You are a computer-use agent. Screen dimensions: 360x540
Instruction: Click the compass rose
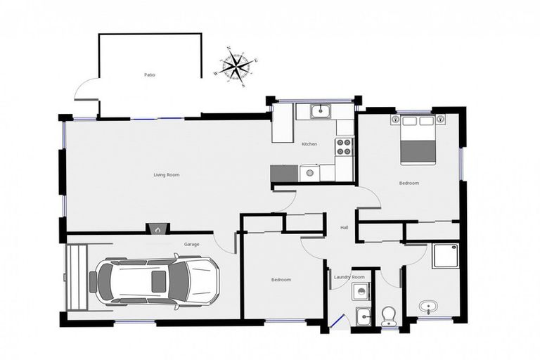(236, 66)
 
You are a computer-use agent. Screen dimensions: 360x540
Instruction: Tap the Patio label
(149, 74)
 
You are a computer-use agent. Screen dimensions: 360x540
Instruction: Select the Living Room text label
(167, 174)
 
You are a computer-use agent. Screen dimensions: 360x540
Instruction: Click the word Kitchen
(309, 144)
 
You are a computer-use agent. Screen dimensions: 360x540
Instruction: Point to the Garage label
(191, 244)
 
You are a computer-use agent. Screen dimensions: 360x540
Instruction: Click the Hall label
(345, 227)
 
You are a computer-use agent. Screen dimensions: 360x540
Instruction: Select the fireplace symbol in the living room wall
(157, 229)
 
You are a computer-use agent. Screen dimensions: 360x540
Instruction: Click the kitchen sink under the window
(321, 110)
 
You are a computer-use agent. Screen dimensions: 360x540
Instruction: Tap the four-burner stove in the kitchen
(344, 147)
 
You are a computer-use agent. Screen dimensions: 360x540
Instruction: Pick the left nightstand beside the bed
(394, 120)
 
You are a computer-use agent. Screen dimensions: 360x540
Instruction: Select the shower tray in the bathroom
(445, 256)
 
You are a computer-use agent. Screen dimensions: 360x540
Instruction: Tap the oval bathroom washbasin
(427, 307)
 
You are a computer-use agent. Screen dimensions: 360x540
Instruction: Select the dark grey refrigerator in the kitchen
(284, 173)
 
